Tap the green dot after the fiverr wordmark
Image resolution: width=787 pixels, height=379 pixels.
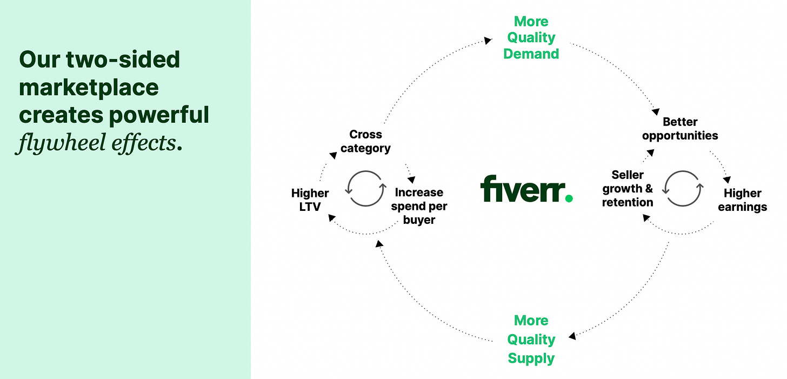(x=568, y=198)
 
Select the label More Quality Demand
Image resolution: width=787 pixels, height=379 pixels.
(x=531, y=38)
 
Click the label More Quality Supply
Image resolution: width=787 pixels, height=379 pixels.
(x=531, y=339)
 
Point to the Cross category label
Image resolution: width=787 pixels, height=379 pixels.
(x=365, y=141)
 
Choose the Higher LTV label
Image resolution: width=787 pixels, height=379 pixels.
(x=310, y=200)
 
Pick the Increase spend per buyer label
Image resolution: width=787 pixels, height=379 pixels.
(x=419, y=206)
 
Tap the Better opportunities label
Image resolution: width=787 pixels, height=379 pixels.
(x=680, y=129)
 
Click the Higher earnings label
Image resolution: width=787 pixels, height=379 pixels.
(x=742, y=200)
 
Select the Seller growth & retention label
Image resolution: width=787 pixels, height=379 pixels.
(x=628, y=189)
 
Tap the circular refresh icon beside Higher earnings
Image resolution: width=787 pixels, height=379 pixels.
(x=683, y=189)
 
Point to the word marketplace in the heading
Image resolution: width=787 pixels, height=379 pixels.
(x=89, y=87)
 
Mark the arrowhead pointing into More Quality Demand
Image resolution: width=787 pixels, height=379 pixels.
(x=488, y=40)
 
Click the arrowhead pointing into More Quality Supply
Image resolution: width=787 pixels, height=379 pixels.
(x=572, y=336)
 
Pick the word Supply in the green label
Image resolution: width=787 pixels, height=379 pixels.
(x=531, y=358)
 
